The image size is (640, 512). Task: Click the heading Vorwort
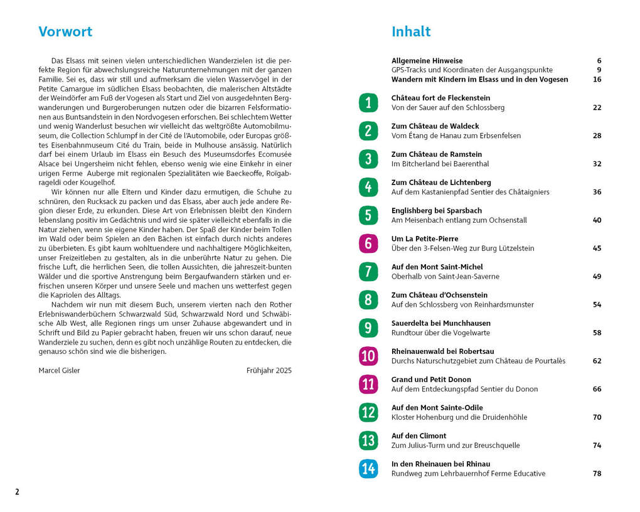coord(65,32)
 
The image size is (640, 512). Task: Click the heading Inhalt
coord(411,32)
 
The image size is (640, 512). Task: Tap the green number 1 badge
coord(368,102)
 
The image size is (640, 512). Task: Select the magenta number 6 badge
coord(368,243)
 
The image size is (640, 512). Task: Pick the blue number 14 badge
coord(368,469)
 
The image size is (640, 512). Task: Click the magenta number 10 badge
coord(368,356)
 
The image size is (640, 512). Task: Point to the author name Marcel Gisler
coord(59,370)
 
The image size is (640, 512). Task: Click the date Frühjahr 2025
coord(269,370)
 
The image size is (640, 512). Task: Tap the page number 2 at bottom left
coord(17,492)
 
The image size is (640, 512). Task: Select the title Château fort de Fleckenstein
coord(440,98)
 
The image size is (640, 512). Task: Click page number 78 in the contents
coord(597,474)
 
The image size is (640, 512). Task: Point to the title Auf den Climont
coord(419,435)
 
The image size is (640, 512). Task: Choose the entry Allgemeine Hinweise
coord(427,61)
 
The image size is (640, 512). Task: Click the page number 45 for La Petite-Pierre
coord(597,248)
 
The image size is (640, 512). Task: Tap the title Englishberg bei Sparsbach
coord(437,210)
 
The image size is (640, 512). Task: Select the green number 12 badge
coord(368,412)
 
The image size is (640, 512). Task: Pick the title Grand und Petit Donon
coord(431,379)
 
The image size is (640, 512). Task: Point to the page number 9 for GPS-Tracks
coord(599,70)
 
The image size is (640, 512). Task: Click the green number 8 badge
coord(368,300)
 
